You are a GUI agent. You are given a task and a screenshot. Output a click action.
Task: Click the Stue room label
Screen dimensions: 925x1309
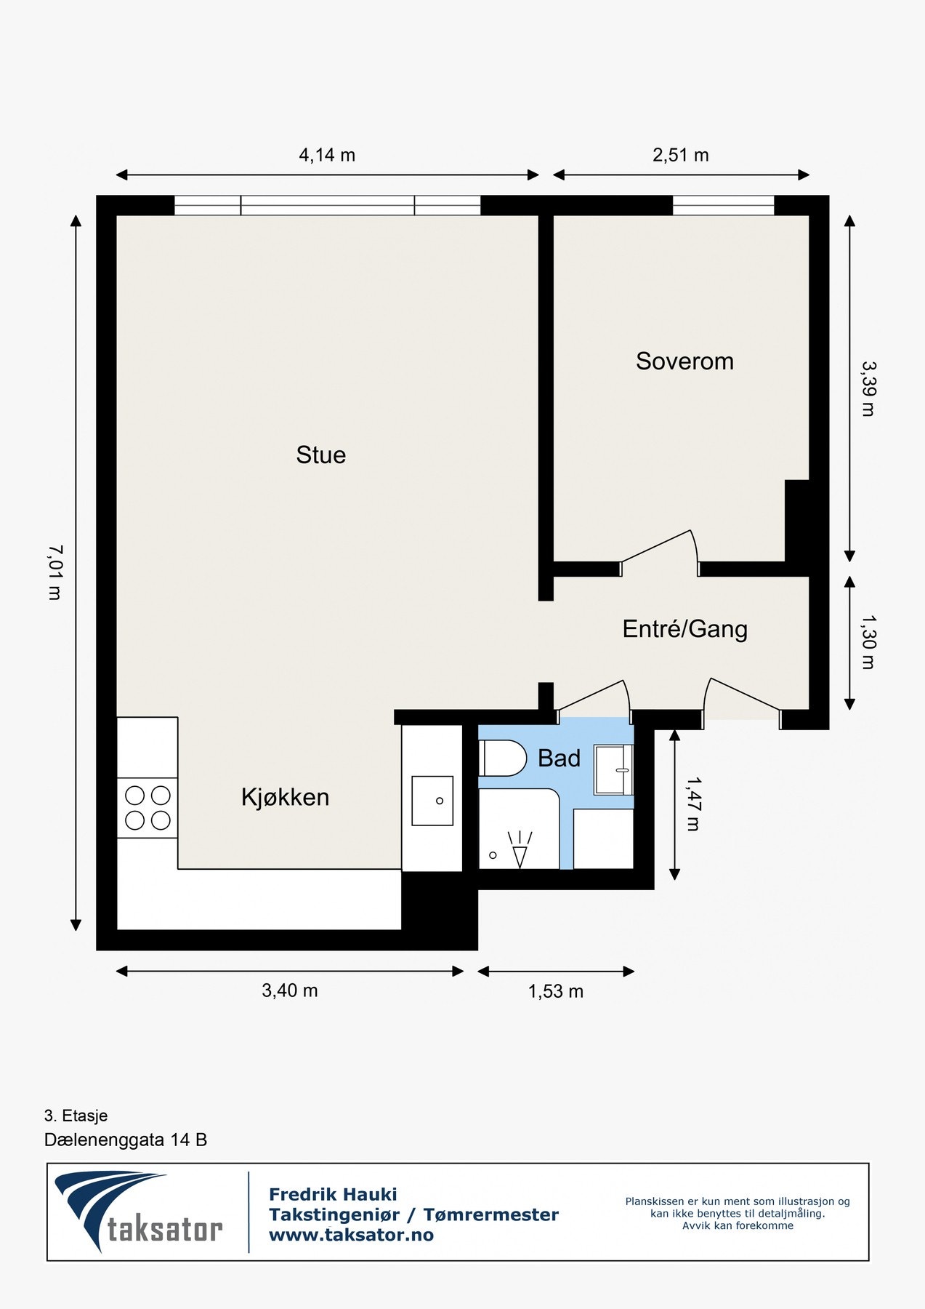320,455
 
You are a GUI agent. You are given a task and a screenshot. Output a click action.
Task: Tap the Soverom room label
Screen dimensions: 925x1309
684,361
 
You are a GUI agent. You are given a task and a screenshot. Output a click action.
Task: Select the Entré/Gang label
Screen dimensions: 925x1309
684,629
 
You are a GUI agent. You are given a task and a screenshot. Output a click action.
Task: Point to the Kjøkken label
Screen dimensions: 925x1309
285,797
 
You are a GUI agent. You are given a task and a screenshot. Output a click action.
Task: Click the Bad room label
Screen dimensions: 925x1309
559,758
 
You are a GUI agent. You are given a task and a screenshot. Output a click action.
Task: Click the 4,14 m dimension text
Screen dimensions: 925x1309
327,155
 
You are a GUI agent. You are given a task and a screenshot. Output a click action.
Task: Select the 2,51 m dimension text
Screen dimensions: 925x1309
681,155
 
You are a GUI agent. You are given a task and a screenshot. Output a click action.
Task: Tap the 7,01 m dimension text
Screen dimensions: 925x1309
54,572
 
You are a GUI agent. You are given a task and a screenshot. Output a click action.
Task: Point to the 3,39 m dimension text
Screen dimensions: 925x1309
868,388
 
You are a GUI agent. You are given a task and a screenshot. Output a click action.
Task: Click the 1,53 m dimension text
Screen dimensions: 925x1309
556,991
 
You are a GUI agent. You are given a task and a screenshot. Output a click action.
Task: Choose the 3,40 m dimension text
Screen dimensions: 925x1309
290,990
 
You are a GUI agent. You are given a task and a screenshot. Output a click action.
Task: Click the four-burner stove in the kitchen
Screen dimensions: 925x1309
148,807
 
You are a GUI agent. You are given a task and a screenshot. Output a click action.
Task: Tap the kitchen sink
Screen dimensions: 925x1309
432,801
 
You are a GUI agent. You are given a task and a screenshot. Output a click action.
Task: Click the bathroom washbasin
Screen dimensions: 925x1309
613,769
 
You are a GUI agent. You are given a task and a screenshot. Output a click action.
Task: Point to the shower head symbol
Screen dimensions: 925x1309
520,849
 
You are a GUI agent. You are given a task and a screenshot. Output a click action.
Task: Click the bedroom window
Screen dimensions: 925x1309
724,206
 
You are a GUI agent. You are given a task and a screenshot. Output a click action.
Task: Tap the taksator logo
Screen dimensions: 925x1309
139,1212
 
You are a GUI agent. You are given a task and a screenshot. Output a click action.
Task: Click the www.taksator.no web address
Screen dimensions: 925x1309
351,1235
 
